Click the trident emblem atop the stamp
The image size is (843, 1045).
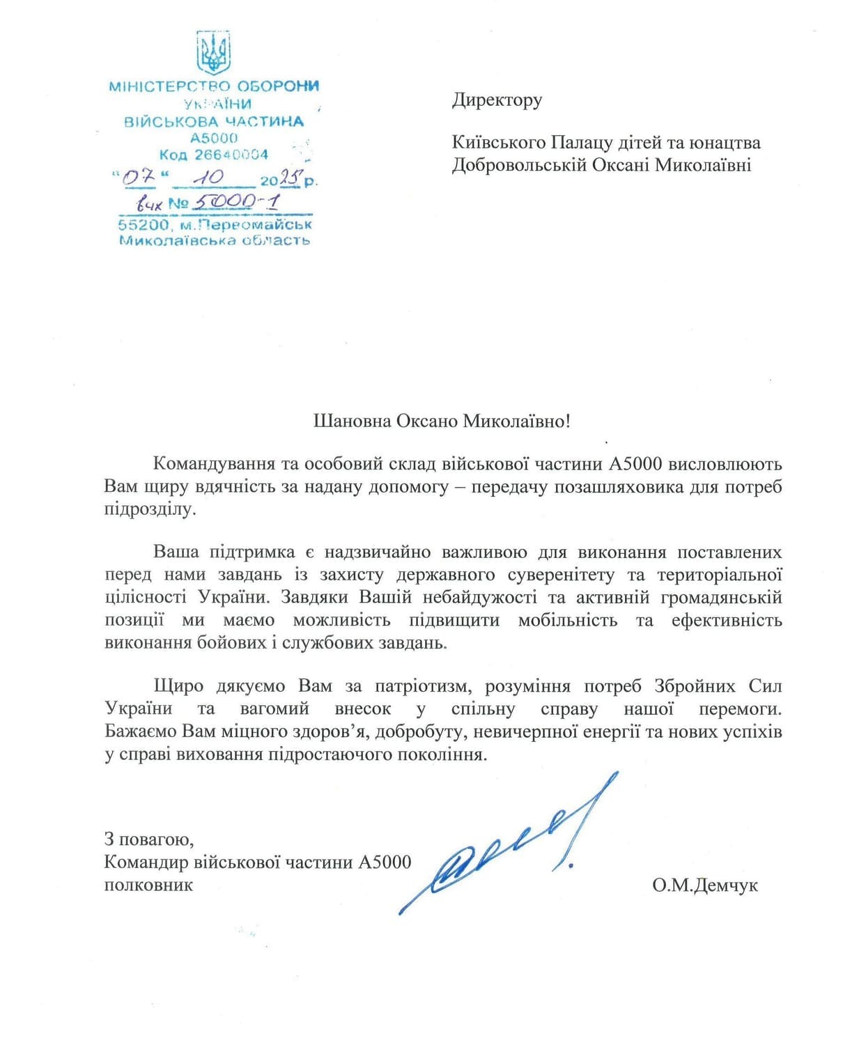click(x=213, y=53)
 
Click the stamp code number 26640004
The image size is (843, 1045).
click(x=231, y=155)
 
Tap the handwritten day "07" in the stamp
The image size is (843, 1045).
click(x=139, y=178)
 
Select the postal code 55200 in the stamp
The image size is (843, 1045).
click(x=144, y=225)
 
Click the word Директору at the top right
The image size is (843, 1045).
click(x=497, y=100)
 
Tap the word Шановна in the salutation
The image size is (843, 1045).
click(x=352, y=421)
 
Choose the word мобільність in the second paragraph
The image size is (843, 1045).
click(x=567, y=620)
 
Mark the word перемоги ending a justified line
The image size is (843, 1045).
click(x=740, y=709)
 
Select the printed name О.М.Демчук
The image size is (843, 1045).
click(x=705, y=885)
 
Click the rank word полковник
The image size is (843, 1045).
click(x=148, y=885)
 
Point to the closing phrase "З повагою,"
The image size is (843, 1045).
click(x=148, y=839)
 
